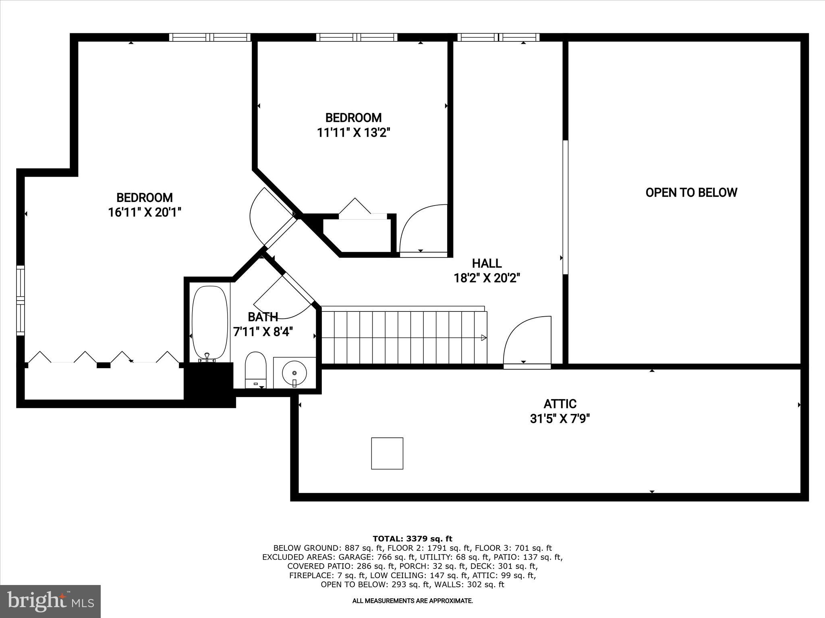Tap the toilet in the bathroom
point(255,369)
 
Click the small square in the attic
point(387,453)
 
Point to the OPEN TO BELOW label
point(691,193)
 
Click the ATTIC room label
point(560,404)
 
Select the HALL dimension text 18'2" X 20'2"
point(487,278)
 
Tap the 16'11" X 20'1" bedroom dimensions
point(145,212)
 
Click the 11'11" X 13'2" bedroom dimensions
point(354,132)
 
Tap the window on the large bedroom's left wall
point(21,300)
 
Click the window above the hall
point(498,37)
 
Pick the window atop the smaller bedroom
point(357,37)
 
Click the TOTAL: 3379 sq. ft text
point(412,539)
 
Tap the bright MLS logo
point(50,601)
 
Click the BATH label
point(263,317)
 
